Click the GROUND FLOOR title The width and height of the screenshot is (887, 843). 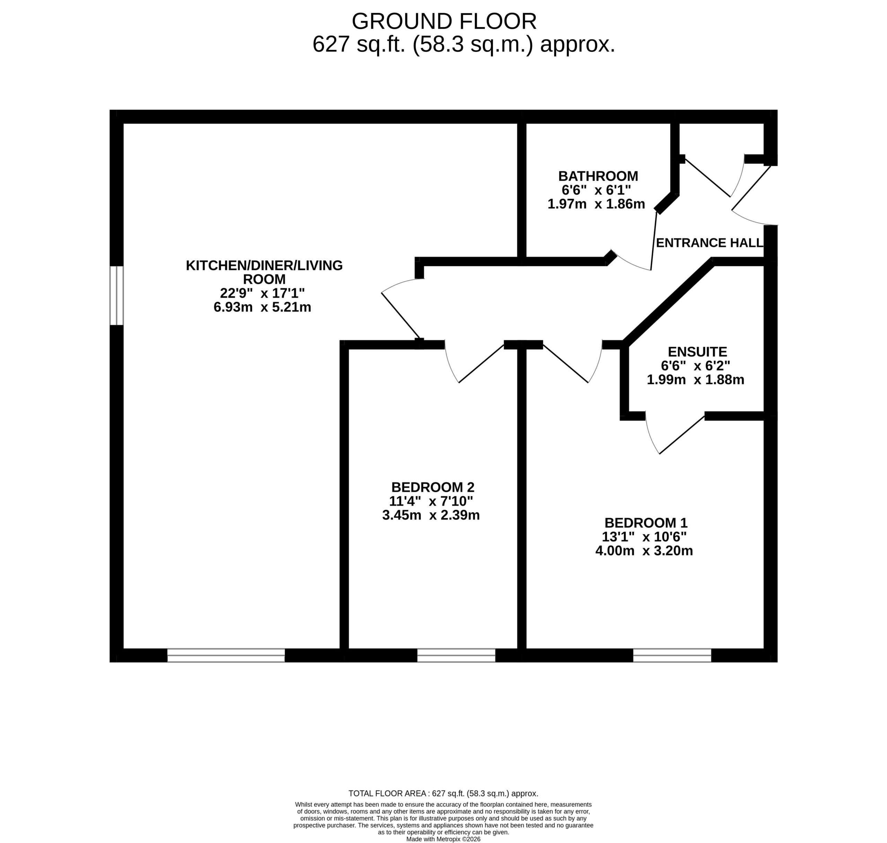click(444, 21)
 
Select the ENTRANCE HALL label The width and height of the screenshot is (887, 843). click(710, 243)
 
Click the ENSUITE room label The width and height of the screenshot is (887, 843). click(697, 351)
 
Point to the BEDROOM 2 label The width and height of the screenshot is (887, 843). click(433, 487)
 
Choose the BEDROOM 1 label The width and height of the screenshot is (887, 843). click(646, 523)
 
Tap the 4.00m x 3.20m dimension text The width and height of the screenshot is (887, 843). click(644, 550)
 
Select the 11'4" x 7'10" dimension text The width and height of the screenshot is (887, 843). click(431, 501)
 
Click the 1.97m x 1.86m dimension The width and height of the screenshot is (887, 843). click(596, 204)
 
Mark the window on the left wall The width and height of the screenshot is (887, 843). click(116, 295)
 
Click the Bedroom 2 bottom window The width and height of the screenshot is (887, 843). click(456, 655)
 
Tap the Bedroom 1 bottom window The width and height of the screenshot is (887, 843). click(672, 655)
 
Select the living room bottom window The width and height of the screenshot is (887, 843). click(226, 655)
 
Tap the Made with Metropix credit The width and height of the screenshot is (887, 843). click(443, 839)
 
